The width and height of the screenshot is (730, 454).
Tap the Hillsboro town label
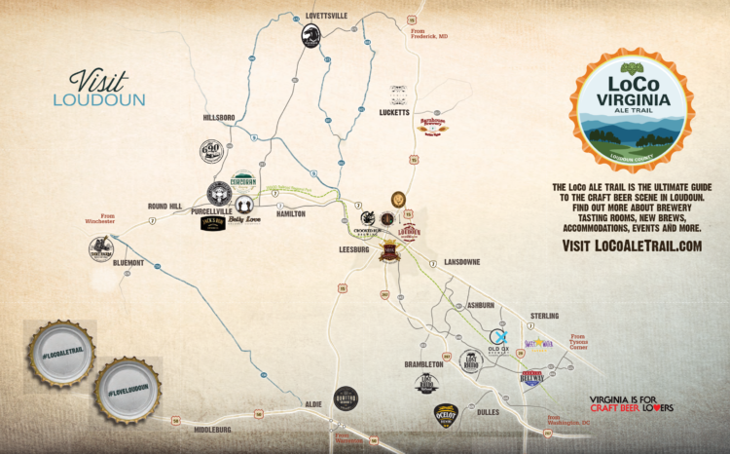click(x=220, y=117)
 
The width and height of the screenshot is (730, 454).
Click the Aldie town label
click(x=312, y=401)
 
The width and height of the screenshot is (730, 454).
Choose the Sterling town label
click(x=545, y=316)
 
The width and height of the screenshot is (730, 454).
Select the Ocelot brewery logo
click(x=447, y=415)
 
